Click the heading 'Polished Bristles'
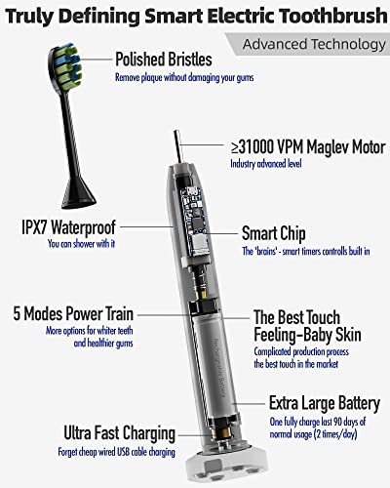tap(164, 60)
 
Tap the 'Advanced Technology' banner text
tap(314, 44)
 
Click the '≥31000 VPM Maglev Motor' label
tap(308, 147)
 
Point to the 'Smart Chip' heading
tap(274, 233)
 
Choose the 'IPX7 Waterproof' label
tap(68, 227)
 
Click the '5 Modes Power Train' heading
tap(73, 314)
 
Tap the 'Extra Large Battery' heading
tap(325, 404)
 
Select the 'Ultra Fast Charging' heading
tap(120, 433)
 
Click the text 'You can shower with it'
tap(81, 244)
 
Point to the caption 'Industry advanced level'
tap(266, 163)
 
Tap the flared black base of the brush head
tap(79, 192)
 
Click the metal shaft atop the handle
tap(177, 147)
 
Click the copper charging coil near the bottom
tap(221, 432)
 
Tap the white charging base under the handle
tap(227, 467)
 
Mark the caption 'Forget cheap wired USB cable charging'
tap(116, 452)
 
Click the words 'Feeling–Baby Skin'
tap(307, 335)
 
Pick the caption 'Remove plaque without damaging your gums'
tap(184, 78)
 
